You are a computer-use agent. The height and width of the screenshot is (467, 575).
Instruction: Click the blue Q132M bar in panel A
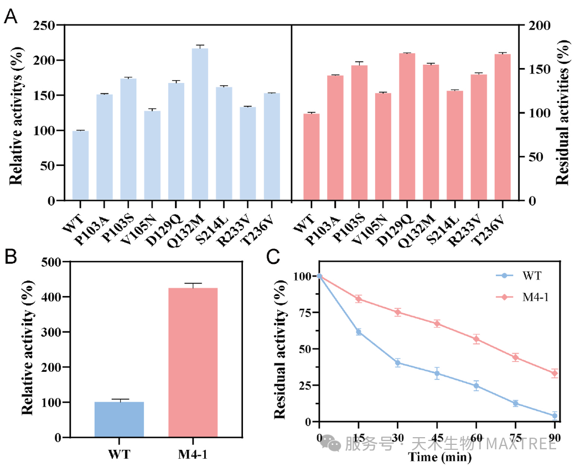[200, 124]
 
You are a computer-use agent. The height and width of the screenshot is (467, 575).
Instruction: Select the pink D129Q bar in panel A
[407, 127]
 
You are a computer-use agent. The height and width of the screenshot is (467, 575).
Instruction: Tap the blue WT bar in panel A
[80, 165]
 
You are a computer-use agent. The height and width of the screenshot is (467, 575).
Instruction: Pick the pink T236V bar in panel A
[503, 127]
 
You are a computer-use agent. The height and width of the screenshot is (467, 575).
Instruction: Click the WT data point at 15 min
[359, 332]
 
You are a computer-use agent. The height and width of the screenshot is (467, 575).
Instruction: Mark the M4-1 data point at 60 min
[476, 339]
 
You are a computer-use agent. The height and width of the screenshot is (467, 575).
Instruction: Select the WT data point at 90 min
[555, 416]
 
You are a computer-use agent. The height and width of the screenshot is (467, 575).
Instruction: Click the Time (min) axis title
[439, 457]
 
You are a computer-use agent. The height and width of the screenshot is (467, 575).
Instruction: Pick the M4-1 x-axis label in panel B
[193, 455]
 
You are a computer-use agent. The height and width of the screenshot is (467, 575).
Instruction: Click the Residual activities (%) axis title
[563, 113]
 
